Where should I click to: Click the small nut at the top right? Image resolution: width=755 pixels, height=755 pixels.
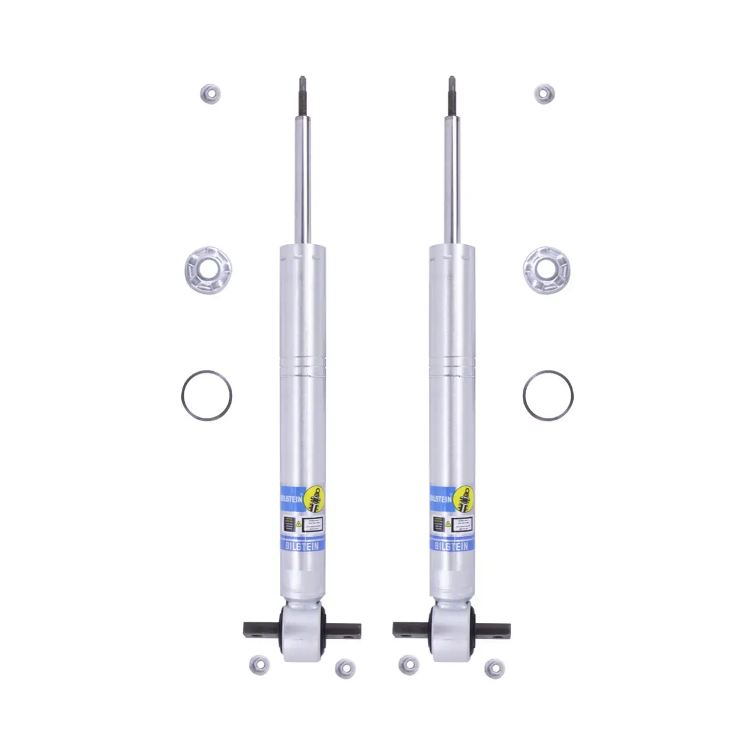click(x=544, y=94)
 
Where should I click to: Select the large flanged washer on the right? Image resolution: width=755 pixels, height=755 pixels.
click(x=546, y=271)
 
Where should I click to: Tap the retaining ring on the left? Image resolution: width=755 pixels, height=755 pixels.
click(x=206, y=396)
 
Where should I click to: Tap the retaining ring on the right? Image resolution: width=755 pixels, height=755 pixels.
click(x=547, y=396)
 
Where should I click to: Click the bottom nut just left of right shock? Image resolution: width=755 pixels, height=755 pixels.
click(x=407, y=664)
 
